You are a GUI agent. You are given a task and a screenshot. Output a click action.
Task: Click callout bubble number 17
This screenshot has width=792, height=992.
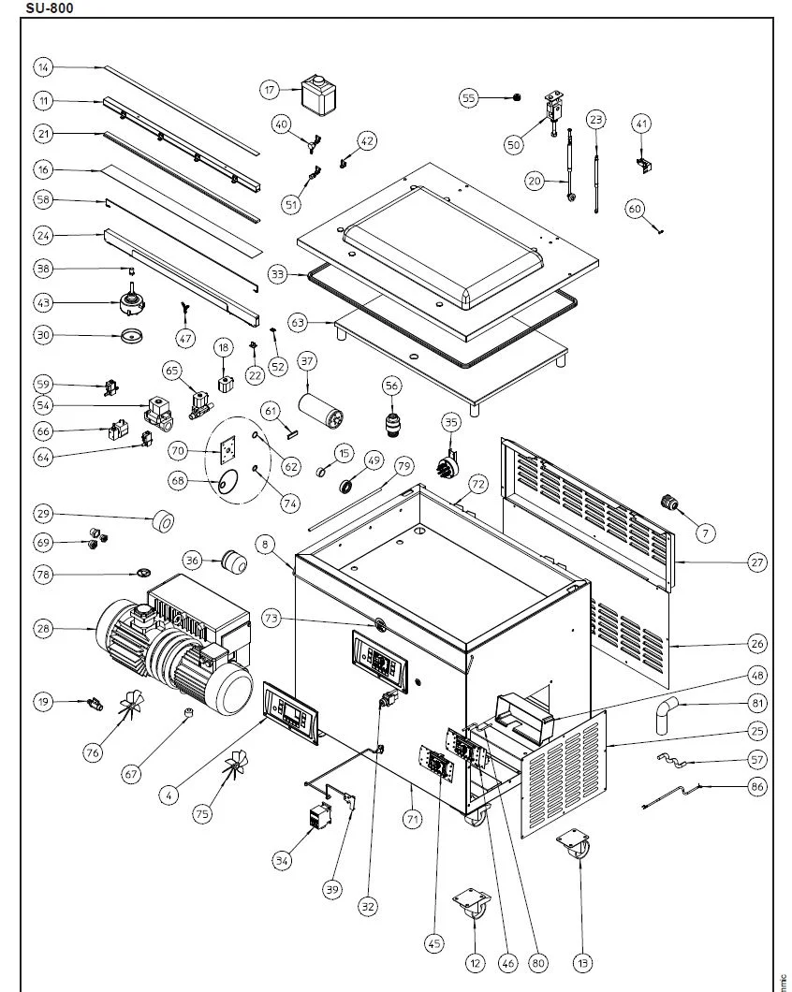pos(271,90)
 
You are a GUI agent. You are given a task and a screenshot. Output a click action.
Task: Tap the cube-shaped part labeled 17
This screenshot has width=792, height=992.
pos(318,95)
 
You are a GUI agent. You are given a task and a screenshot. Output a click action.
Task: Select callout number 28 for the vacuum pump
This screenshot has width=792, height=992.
pos(43,630)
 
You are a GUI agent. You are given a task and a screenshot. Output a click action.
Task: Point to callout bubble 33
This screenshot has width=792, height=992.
pos(277,274)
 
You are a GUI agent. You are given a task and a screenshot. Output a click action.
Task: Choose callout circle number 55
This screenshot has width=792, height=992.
pos(469,96)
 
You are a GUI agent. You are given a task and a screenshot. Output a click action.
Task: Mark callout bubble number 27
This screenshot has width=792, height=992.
pos(757,562)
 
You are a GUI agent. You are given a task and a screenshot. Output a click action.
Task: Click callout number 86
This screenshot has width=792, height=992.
pos(757,787)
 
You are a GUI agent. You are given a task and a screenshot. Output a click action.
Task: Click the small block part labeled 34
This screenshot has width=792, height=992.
pos(320,820)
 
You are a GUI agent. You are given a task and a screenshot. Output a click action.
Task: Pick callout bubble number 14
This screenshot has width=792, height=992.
pos(44,67)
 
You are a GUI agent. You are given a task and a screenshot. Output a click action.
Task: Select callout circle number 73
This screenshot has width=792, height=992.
pos(271,619)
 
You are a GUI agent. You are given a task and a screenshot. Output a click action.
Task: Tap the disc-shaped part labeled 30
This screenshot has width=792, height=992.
pos(132,336)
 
